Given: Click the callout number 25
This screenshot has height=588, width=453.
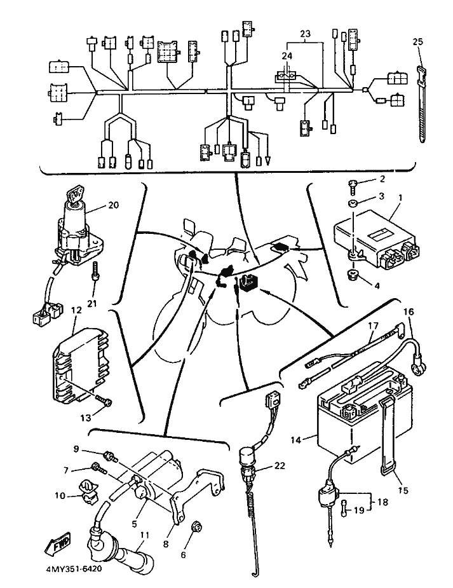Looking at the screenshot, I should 417,42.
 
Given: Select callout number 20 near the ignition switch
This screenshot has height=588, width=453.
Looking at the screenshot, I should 113,205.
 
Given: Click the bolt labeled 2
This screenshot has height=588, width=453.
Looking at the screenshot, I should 353,186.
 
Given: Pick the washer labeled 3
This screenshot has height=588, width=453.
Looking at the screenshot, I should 353,203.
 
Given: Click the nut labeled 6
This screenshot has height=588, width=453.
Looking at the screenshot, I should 196,526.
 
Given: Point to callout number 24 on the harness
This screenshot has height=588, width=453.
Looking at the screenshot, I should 288,56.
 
